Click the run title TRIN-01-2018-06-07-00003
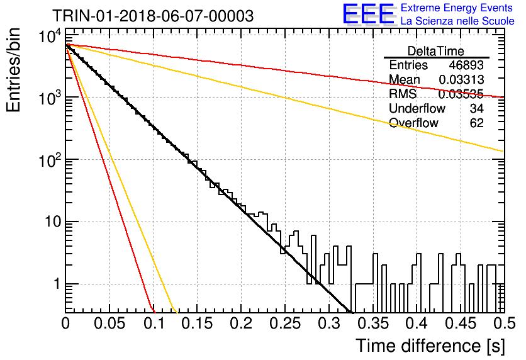pos(153,16)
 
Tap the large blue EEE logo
pos(369,14)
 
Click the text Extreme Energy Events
pos(457,8)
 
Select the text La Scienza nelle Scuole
pos(457,21)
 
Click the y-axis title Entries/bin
pos(13,70)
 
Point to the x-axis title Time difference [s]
pos(430,346)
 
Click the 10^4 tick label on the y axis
pos(50,36)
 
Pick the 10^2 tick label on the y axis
pos(50,160)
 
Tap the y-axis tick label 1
pos(57,284)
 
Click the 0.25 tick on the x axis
pos(286,323)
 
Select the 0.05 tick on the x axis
pos(109,323)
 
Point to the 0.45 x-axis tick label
pos(461,323)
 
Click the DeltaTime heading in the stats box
pos(436,51)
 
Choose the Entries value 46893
pos(466,65)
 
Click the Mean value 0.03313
pos(461,79)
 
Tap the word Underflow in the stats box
pos(417,108)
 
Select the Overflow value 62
pos(477,123)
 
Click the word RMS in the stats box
pos(403,94)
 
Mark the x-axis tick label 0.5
pos(504,323)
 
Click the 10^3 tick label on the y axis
pos(50,98)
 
